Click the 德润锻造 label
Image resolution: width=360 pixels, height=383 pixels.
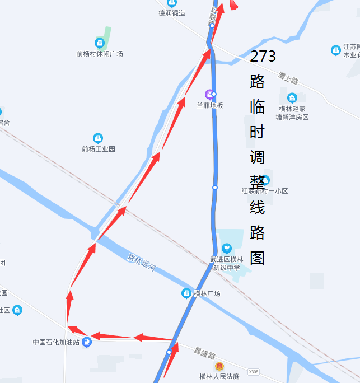coord(172,13)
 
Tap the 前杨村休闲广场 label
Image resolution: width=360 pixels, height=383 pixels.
coord(100,54)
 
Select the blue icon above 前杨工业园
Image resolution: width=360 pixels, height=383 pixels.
coord(98,138)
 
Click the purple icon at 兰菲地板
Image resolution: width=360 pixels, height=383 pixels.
coord(209,94)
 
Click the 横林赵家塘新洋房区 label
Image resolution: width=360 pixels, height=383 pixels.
coord(292,113)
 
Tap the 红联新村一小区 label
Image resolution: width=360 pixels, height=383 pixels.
coord(264,191)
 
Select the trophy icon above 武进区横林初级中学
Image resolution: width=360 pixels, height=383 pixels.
coord(227,248)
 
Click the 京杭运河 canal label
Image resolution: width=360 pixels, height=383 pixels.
coord(141,261)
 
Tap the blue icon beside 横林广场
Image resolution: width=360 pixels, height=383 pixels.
coord(186,293)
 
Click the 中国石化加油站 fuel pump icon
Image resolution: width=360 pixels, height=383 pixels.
coord(86,342)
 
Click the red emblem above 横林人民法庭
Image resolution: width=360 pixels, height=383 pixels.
coord(219,366)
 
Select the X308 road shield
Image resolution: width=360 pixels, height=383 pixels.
coord(254,371)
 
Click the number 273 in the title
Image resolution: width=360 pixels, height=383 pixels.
coord(263,56)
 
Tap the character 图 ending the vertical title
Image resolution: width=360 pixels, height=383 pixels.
coord(257,257)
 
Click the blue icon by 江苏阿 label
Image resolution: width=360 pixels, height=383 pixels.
coord(336,50)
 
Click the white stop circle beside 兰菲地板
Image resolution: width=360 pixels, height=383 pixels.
coord(214,94)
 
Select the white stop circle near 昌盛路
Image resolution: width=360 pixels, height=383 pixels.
coord(169,352)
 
